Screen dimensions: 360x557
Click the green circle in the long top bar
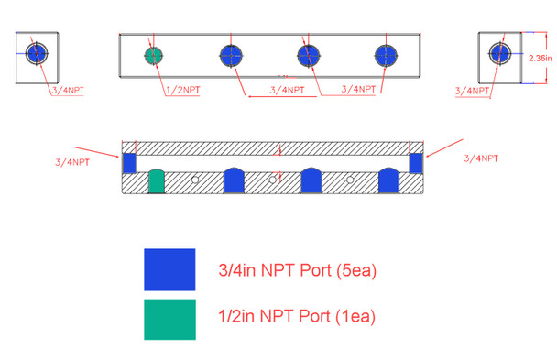(153, 55)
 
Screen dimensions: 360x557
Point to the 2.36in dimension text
(541, 58)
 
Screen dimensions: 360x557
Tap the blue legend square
(169, 269)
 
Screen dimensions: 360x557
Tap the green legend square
(169, 319)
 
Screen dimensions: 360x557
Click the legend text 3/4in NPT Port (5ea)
(297, 270)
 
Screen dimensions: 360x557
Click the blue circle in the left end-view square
(37, 52)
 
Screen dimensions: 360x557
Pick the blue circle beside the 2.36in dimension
(500, 52)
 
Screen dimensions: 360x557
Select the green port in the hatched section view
(157, 182)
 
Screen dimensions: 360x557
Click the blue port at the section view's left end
(129, 162)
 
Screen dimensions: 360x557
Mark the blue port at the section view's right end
(416, 162)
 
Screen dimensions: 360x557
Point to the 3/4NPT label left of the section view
(72, 161)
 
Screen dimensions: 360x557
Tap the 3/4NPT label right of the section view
(481, 158)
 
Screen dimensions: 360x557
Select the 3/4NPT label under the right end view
(473, 90)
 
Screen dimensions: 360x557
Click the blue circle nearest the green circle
(230, 55)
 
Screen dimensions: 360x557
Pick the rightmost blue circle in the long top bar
(386, 55)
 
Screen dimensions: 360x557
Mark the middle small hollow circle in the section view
(272, 180)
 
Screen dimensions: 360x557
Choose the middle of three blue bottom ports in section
(311, 182)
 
